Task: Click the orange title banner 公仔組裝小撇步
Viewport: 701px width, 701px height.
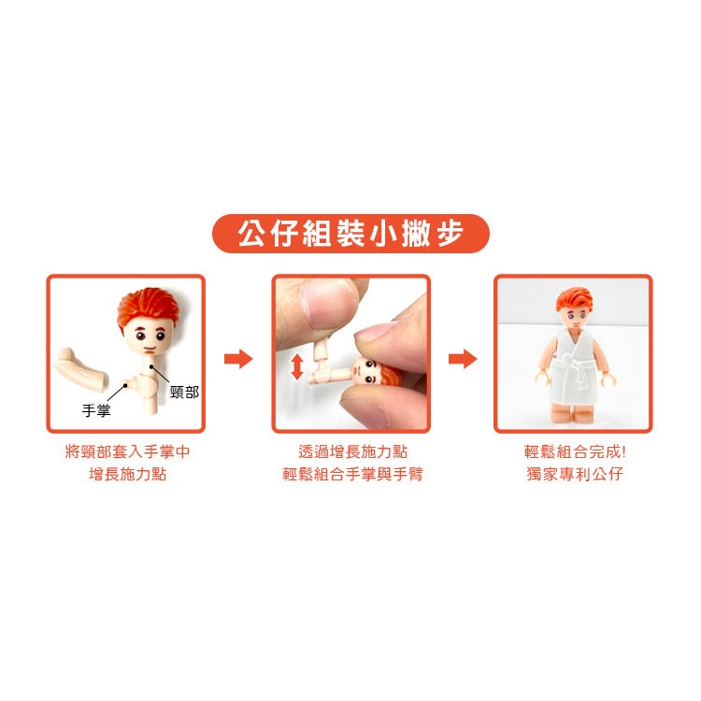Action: click(350, 234)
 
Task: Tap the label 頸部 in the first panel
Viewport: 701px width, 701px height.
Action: click(185, 392)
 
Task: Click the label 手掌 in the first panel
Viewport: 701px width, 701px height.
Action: click(96, 410)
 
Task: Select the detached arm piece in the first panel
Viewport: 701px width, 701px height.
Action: click(81, 365)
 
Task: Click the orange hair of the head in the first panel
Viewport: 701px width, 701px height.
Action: click(148, 306)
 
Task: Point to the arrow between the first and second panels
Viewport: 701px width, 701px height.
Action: click(238, 358)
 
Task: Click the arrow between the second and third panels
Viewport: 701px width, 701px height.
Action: click(463, 358)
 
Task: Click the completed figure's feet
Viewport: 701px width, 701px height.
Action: click(572, 413)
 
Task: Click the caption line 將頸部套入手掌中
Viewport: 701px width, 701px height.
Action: click(127, 451)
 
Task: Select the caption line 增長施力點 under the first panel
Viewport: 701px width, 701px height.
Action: click(127, 474)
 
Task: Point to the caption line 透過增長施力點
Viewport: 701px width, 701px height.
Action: click(352, 451)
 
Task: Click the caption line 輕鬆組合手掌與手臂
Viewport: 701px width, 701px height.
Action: click(352, 474)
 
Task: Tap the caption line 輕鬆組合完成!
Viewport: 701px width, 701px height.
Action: click(575, 451)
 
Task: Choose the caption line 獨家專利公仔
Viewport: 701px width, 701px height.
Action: click(575, 474)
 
